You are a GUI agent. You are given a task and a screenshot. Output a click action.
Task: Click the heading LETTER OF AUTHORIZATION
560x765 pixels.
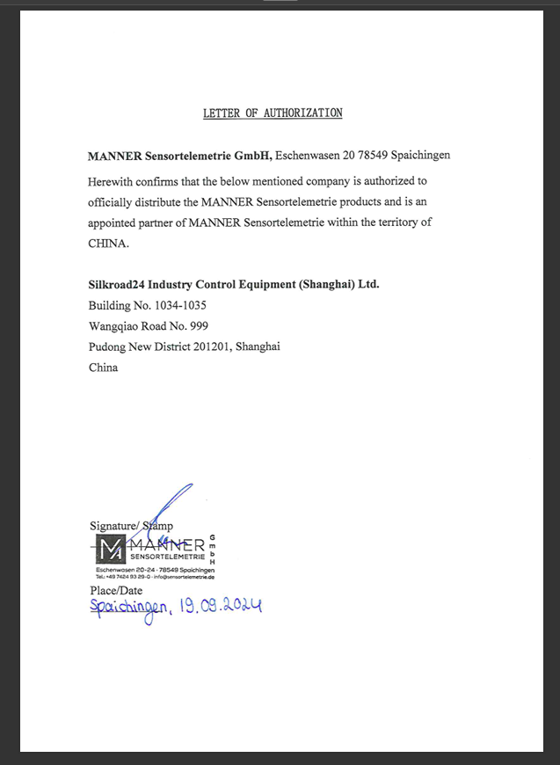pyautogui.click(x=273, y=113)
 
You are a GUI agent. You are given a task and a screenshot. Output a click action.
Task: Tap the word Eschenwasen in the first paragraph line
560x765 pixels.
pyautogui.click(x=307, y=157)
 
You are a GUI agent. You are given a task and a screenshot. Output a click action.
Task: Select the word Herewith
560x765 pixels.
pyautogui.click(x=112, y=182)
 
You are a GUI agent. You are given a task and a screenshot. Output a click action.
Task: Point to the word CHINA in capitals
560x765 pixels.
pyautogui.click(x=108, y=243)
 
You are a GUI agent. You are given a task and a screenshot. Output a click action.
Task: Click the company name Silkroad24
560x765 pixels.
pyautogui.click(x=116, y=285)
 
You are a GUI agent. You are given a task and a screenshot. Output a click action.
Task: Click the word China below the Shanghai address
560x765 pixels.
pyautogui.click(x=104, y=368)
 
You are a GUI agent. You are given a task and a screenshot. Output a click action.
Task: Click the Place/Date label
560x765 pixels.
pyautogui.click(x=116, y=590)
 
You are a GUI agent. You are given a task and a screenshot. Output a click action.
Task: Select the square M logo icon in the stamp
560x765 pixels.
pyautogui.click(x=110, y=550)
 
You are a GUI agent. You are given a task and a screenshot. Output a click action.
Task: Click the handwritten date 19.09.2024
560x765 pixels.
pyautogui.click(x=219, y=607)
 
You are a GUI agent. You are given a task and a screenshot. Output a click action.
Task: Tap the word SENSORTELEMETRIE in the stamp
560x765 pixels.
pyautogui.click(x=167, y=557)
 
